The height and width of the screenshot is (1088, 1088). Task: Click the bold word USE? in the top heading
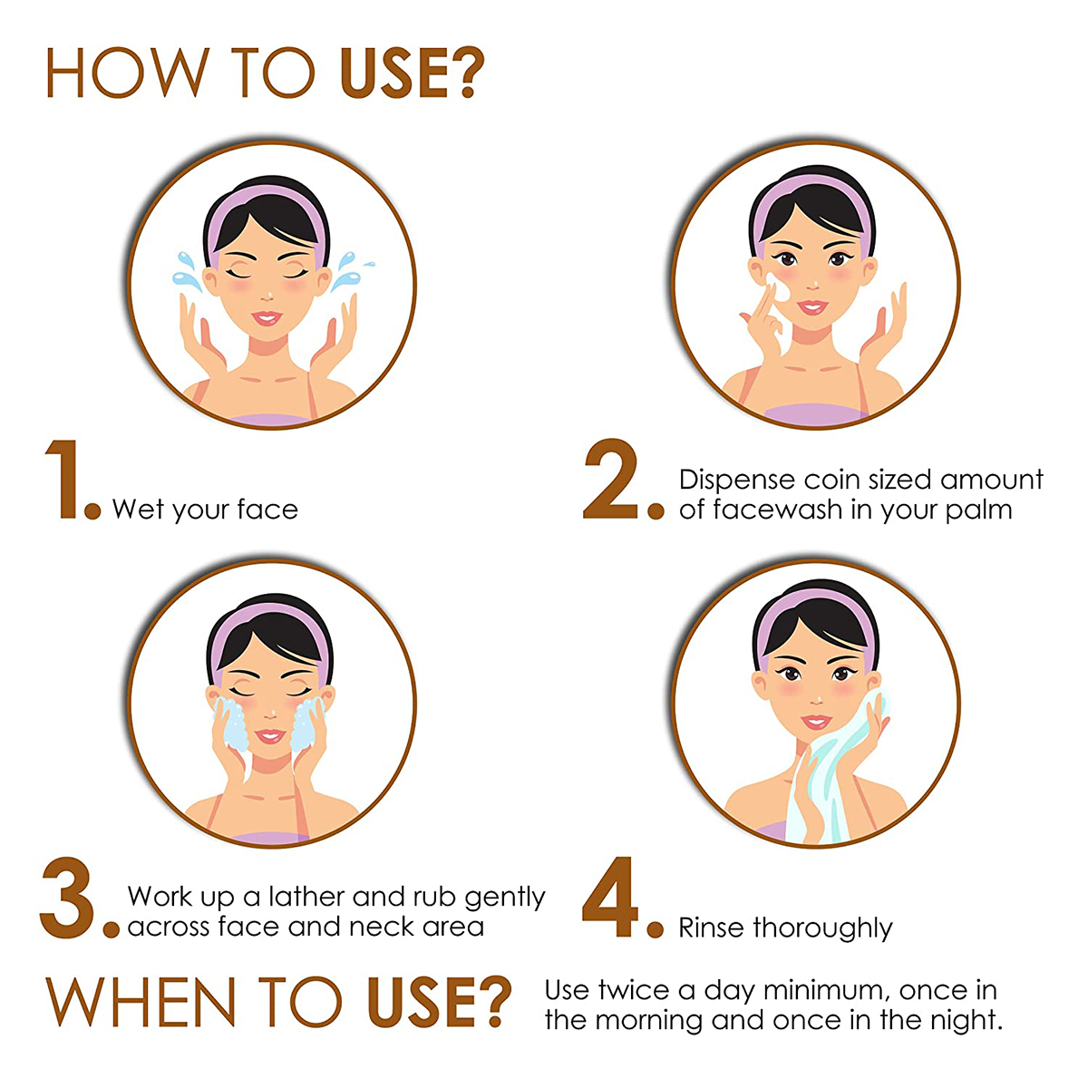point(413,73)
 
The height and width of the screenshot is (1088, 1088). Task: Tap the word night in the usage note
point(967,1021)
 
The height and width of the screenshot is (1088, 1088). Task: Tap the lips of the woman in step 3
point(270,735)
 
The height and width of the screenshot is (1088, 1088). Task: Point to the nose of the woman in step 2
point(813,285)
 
